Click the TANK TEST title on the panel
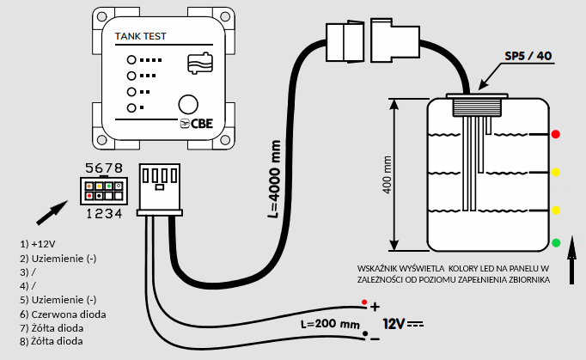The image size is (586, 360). point(140,36)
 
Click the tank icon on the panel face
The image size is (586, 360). point(200,63)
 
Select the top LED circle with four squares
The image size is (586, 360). point(131,60)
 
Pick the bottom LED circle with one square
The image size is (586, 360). point(131,108)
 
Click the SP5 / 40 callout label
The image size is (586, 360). point(528,56)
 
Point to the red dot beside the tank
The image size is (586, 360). point(556,134)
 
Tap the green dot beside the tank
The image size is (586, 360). point(556,243)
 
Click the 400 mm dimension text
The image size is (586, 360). point(388,174)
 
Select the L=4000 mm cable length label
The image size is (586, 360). point(274,179)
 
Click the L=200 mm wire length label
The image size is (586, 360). point(330,324)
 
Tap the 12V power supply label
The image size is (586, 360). point(394,324)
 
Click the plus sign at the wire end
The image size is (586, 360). point(375,307)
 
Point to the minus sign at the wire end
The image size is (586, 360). point(375,339)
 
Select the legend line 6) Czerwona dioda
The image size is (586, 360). point(63,314)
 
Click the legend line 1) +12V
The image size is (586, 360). point(37,244)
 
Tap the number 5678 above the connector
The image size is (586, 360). point(104,168)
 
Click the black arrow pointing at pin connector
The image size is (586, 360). point(52,213)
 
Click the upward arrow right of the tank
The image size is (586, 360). point(571,259)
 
